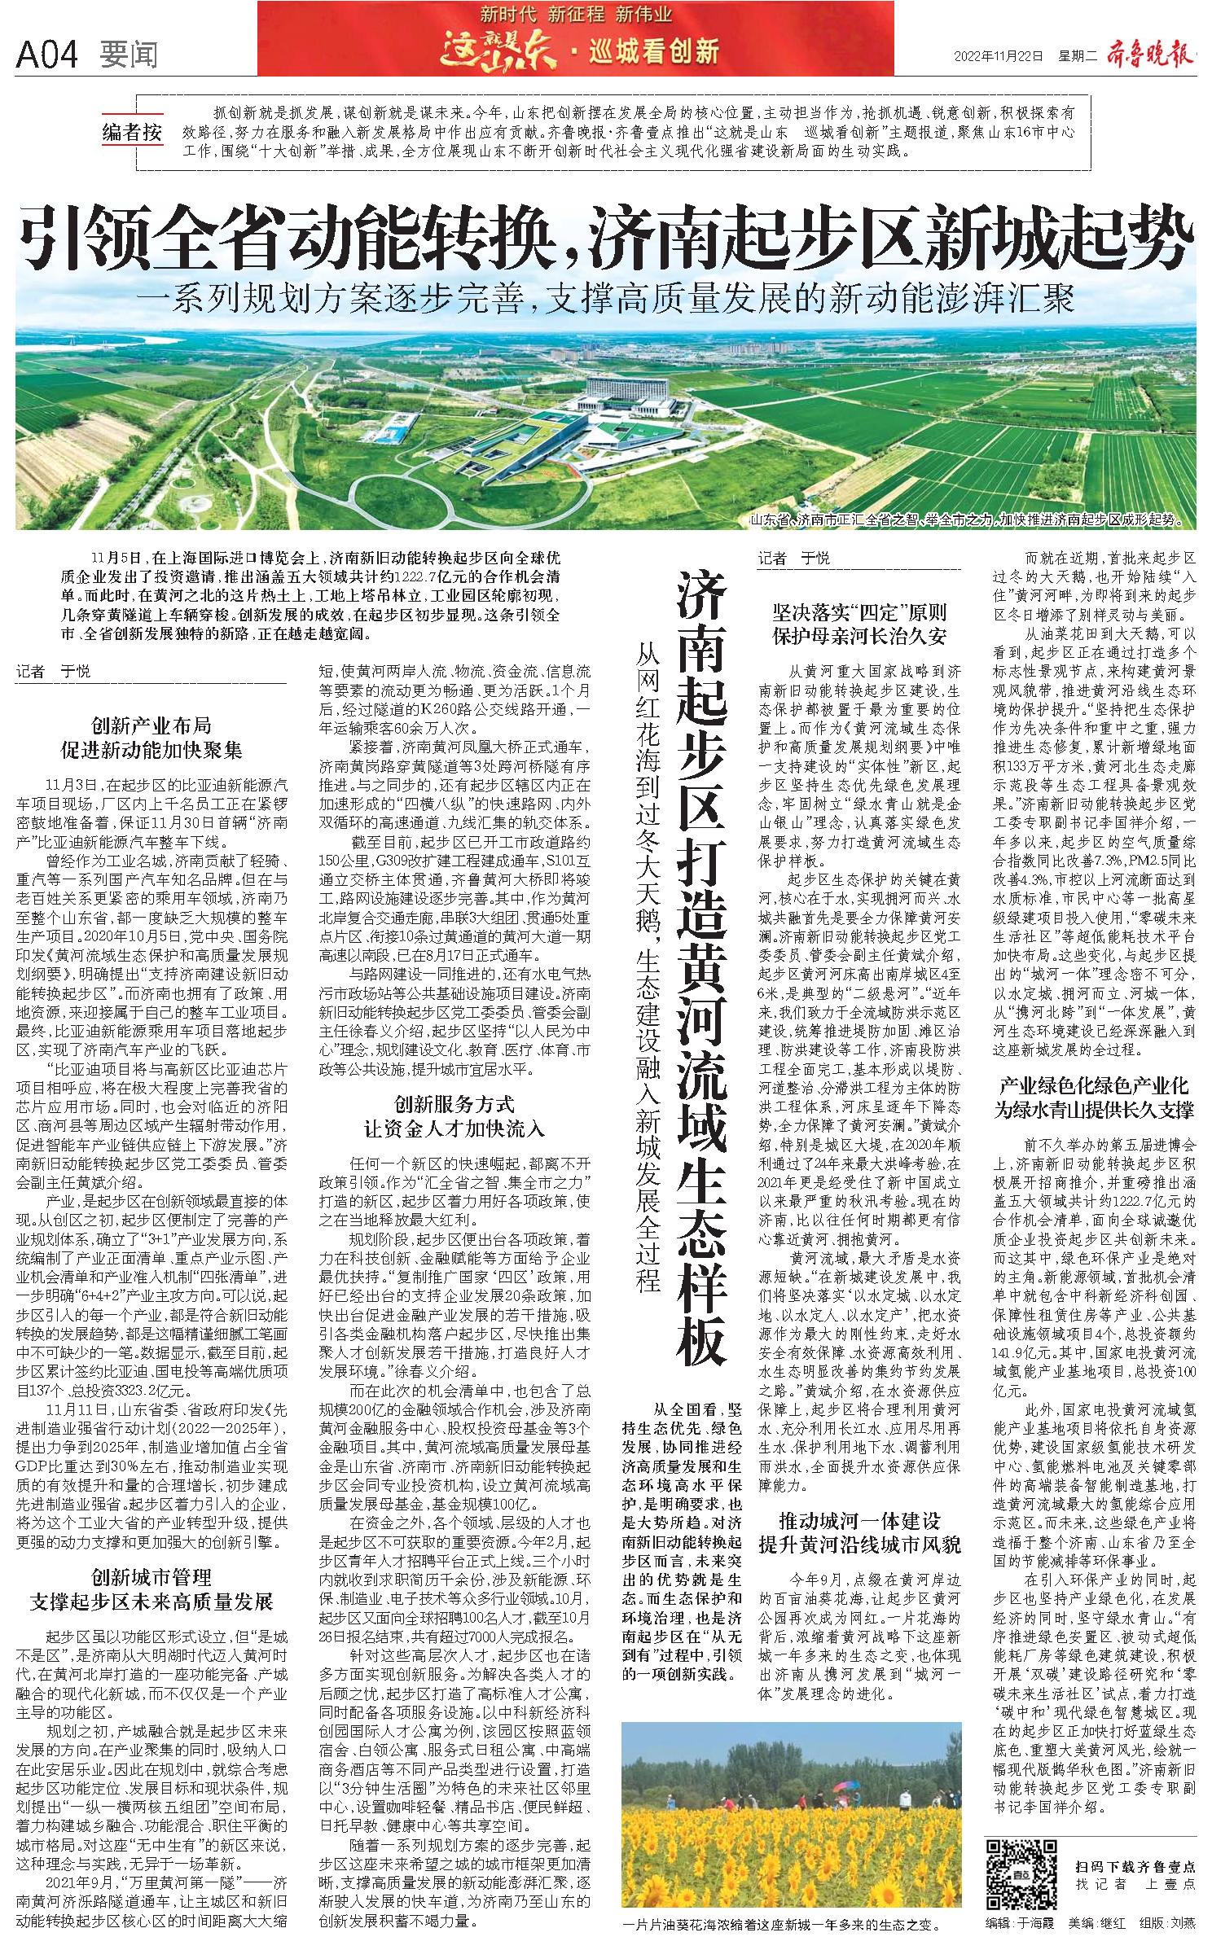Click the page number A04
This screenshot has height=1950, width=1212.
click(x=46, y=55)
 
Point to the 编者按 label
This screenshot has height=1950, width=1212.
click(x=132, y=132)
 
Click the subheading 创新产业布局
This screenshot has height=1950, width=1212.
click(x=151, y=738)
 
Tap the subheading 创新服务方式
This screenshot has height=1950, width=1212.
click(x=455, y=1115)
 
